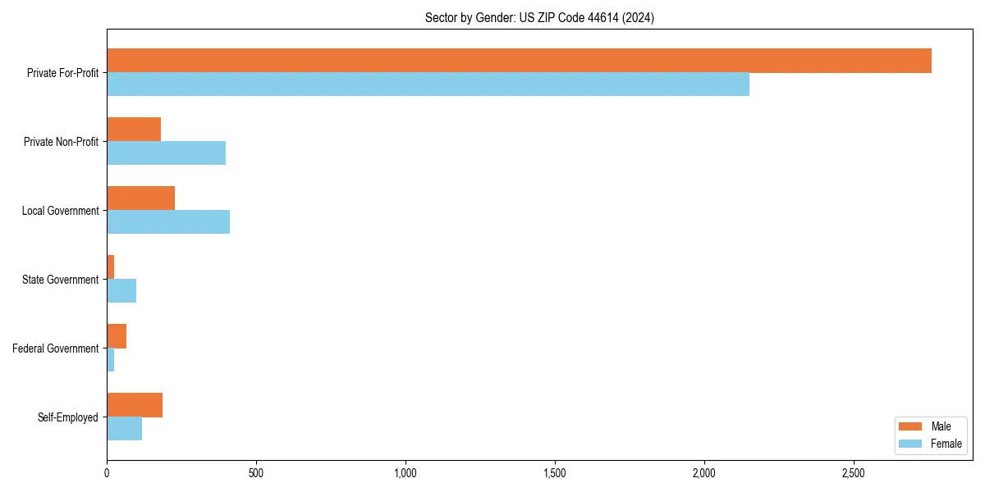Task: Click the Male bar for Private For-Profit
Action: pyautogui.click(x=519, y=61)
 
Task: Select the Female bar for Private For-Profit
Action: pyautogui.click(x=428, y=84)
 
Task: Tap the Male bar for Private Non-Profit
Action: pyautogui.click(x=134, y=130)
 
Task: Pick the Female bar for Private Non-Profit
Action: pyautogui.click(x=166, y=153)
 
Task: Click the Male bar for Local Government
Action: pyautogui.click(x=140, y=198)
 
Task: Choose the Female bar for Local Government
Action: pyautogui.click(x=168, y=222)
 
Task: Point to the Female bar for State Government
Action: pyautogui.click(x=121, y=291)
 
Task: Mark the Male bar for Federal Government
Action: pyautogui.click(x=117, y=336)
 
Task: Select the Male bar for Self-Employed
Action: pyautogui.click(x=135, y=405)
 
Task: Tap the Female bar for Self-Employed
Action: pyautogui.click(x=124, y=429)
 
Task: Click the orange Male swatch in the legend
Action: pyautogui.click(x=911, y=426)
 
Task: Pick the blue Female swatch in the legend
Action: pyautogui.click(x=911, y=444)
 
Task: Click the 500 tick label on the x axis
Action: pyautogui.click(x=256, y=473)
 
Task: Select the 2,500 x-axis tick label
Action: pyautogui.click(x=854, y=473)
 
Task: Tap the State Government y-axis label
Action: pyautogui.click(x=60, y=280)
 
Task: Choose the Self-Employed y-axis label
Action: pyautogui.click(x=67, y=417)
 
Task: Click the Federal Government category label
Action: pyautogui.click(x=56, y=348)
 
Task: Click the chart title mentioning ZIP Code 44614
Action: pyautogui.click(x=539, y=17)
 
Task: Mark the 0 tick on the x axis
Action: pyautogui.click(x=107, y=473)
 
